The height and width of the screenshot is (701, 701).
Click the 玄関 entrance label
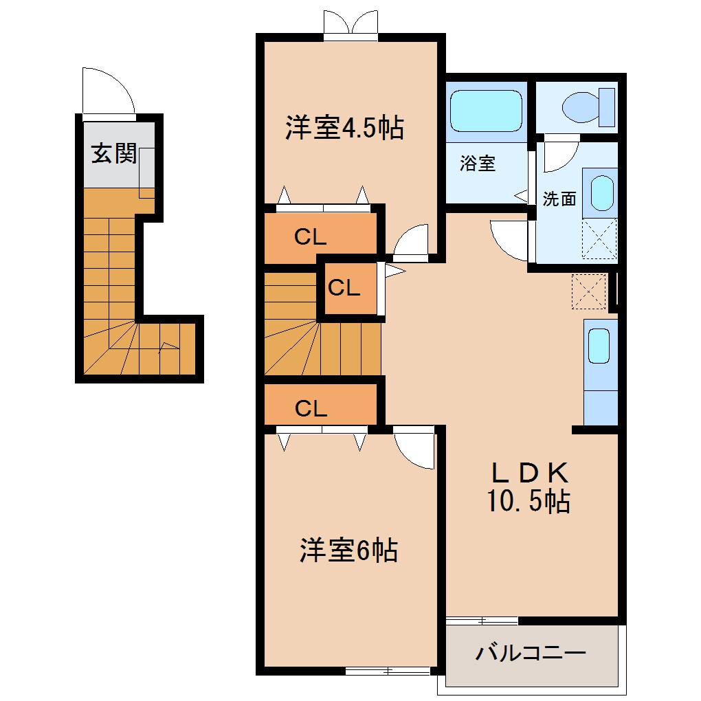pyautogui.click(x=113, y=155)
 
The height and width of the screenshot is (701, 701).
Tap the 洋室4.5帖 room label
pyautogui.click(x=344, y=128)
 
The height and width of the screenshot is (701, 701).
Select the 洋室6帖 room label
pyautogui.click(x=348, y=550)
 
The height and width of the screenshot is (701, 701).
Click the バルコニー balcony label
pyautogui.click(x=531, y=652)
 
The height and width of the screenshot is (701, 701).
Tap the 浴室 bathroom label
pyautogui.click(x=478, y=164)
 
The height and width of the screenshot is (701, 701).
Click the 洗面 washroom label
pyautogui.click(x=559, y=199)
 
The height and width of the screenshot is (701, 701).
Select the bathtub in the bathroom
pyautogui.click(x=486, y=110)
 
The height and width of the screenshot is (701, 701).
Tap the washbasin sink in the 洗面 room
pyautogui.click(x=601, y=194)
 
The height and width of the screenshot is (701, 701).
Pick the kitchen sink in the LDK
pyautogui.click(x=599, y=346)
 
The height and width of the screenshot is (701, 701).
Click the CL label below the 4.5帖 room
pyautogui.click(x=311, y=237)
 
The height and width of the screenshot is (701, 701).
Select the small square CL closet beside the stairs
pyautogui.click(x=344, y=288)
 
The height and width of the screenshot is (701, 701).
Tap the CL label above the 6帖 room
pyautogui.click(x=311, y=409)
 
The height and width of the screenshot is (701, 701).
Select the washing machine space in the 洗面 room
pyautogui.click(x=599, y=238)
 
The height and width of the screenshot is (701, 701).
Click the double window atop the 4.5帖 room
pyautogui.click(x=350, y=23)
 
